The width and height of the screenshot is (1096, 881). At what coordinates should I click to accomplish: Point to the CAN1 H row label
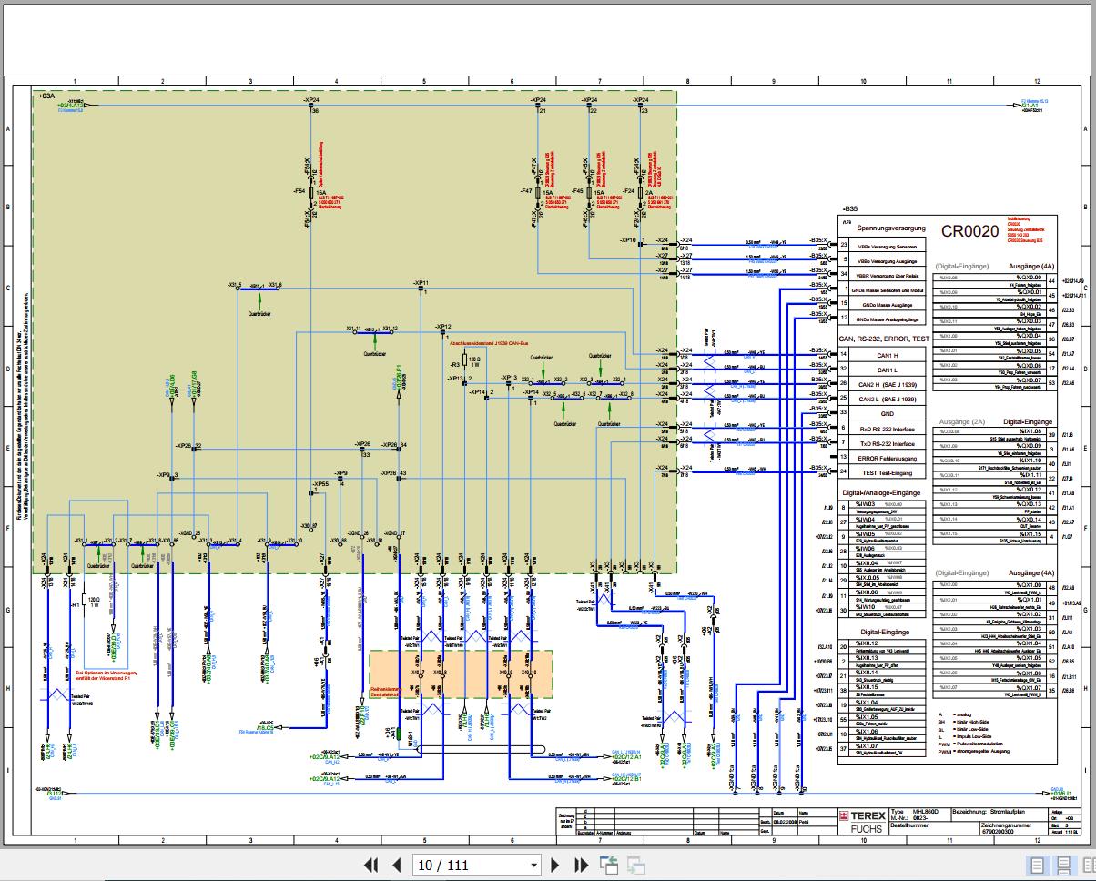tap(887, 355)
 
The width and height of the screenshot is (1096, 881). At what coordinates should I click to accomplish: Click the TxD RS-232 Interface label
tap(888, 443)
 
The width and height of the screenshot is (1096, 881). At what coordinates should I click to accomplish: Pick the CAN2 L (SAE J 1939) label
tap(888, 399)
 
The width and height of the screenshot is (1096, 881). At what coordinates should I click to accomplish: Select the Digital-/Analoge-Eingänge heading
tap(881, 492)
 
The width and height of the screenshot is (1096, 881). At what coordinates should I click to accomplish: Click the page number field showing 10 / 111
tap(474, 865)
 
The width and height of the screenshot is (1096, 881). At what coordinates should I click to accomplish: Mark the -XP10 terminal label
tap(628, 240)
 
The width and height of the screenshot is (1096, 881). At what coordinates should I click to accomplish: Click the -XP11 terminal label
tap(421, 283)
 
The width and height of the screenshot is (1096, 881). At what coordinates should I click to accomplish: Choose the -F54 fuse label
tap(299, 192)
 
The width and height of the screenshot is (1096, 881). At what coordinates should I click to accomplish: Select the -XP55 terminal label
tap(320, 483)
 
